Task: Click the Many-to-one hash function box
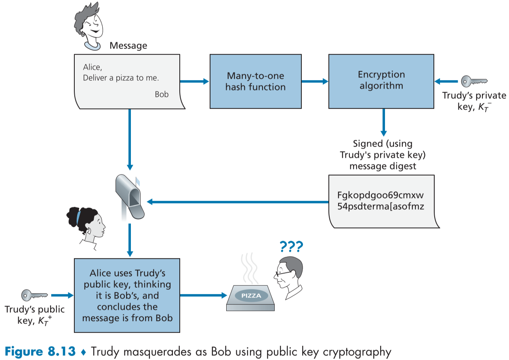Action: [x=255, y=81]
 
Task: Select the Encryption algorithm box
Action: [x=381, y=81]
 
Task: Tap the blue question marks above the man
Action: [x=291, y=246]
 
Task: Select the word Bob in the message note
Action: [x=162, y=94]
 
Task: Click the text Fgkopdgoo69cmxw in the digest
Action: [x=380, y=195]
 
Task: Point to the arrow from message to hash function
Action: [x=194, y=81]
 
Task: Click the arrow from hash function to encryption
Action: [x=315, y=81]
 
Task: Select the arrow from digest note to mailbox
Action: [x=238, y=201]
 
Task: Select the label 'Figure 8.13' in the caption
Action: [x=42, y=351]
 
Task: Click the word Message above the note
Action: [x=128, y=46]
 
